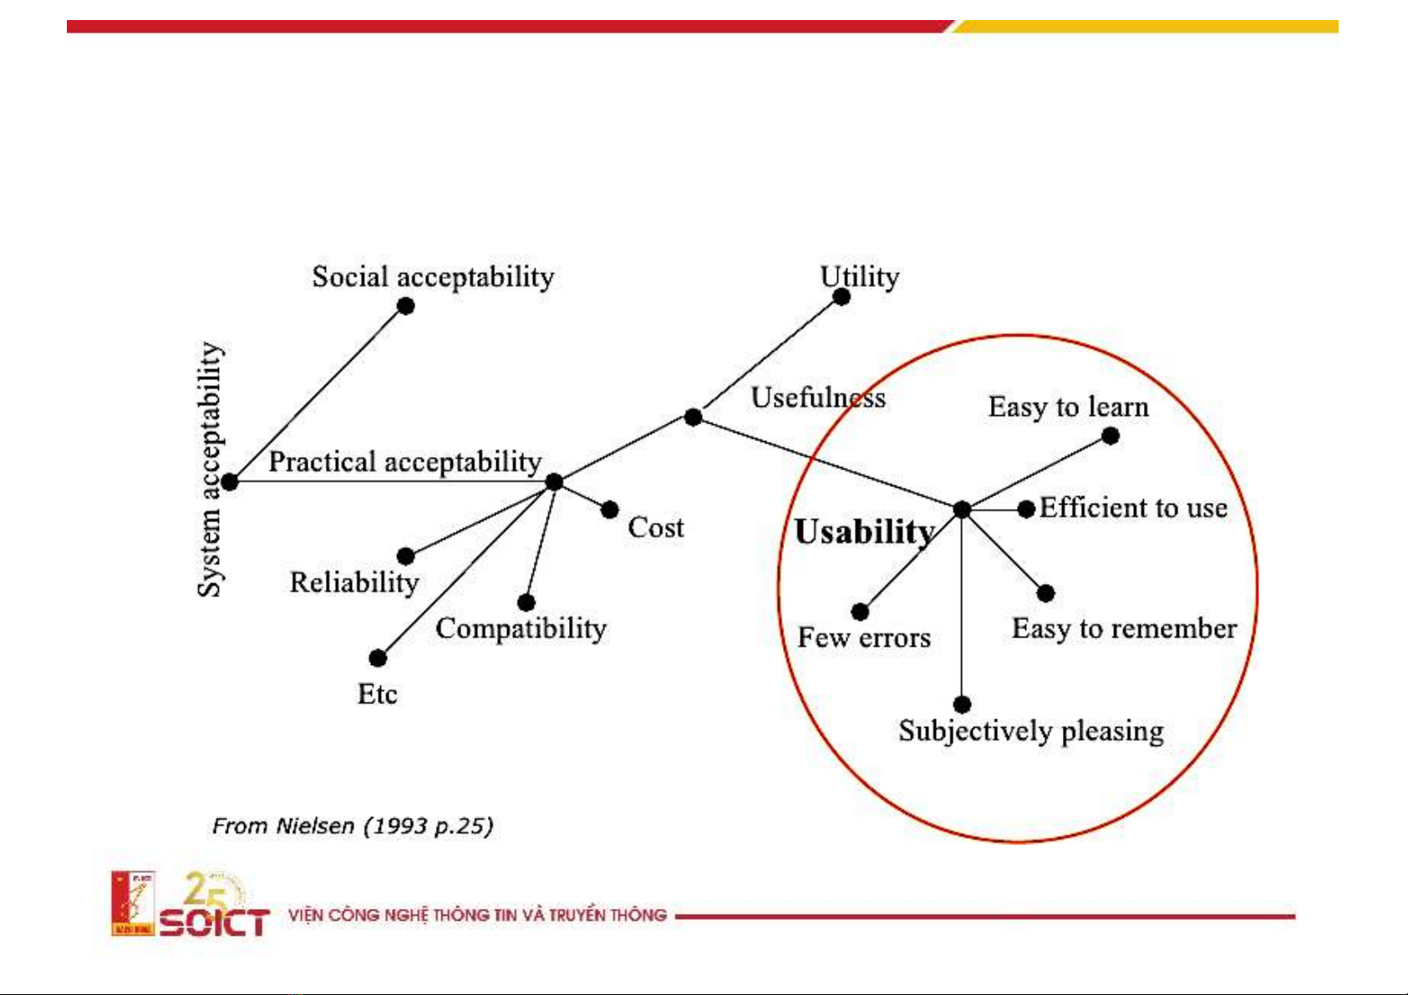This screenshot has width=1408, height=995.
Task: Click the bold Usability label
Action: point(865,533)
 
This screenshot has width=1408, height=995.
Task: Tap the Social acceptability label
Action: point(433,277)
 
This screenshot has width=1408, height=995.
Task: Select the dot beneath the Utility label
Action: point(841,297)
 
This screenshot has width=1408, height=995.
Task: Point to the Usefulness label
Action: point(818,397)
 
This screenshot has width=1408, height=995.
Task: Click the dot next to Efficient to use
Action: point(1026,509)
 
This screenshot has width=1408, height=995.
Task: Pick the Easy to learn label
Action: point(1069,408)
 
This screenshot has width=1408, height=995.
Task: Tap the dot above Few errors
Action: point(860,612)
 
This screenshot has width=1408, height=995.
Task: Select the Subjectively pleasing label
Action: point(1031,732)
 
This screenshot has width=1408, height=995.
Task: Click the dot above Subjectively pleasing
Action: point(962,704)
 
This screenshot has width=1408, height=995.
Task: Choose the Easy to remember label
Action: point(1125,628)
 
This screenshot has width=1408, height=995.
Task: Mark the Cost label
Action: point(656,527)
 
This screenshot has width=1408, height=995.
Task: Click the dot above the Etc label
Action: point(378,658)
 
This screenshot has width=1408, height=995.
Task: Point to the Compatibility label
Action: point(521,629)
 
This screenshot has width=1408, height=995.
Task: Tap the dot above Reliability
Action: point(406,556)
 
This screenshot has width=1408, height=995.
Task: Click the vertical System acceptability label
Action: point(210,469)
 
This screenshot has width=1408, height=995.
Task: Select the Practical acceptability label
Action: point(405,462)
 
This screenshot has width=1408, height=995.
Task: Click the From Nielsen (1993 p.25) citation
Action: point(353,826)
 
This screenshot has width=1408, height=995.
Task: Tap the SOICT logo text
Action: point(215,922)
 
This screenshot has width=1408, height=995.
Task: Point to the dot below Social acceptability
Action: point(406,306)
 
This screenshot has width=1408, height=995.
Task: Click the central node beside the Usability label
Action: point(962,509)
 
